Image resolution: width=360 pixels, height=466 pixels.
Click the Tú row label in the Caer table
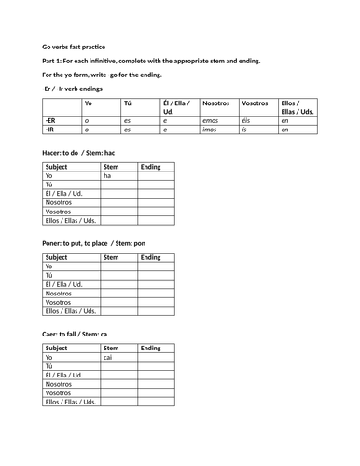pos(50,365)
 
